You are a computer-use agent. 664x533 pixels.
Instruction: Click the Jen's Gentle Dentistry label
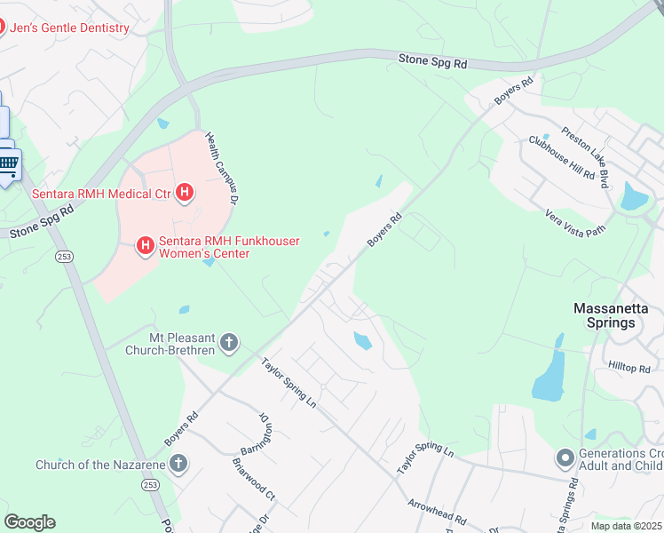pos(69,28)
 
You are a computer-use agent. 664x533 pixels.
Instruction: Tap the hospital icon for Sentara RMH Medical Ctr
pos(185,192)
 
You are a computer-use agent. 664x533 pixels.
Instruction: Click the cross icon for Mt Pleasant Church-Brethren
pos(229,342)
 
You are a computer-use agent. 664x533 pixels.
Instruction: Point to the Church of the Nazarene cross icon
pos(178,463)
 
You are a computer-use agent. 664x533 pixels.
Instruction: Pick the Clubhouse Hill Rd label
pos(561,158)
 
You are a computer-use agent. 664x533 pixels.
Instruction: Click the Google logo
pos(29,522)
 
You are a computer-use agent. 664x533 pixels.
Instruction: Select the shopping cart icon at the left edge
pos(8,163)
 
